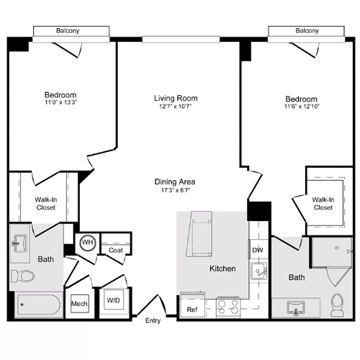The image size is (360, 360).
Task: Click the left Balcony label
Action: coord(71,31)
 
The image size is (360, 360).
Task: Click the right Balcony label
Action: coord(307,31)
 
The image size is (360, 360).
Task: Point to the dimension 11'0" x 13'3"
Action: coord(60,104)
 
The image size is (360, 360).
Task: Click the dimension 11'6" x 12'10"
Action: coord(301,107)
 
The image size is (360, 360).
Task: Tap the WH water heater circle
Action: coord(88,243)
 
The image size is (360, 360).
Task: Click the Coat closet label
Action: coord(115,250)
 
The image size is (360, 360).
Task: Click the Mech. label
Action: coord(79,305)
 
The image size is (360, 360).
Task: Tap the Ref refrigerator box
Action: coord(192,309)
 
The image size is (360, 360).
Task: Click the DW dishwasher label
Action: coord(257,250)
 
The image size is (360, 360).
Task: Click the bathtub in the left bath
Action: coord(37,305)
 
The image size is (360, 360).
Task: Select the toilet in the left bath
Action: coord(23,276)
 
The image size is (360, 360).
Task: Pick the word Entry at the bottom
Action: coord(153,320)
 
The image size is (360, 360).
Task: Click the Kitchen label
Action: coord(222,269)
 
